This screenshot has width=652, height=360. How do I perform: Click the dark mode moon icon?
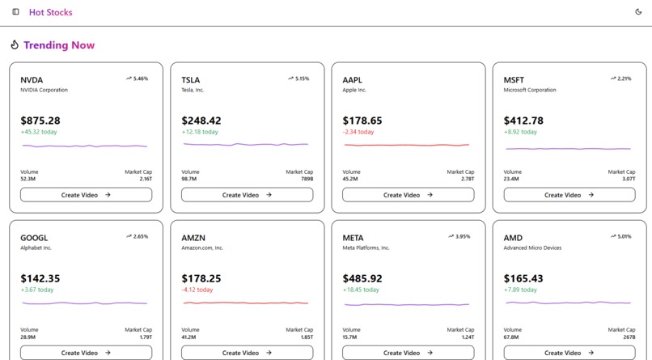click(x=638, y=12)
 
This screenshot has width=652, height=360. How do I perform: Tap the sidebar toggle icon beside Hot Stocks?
click(x=15, y=12)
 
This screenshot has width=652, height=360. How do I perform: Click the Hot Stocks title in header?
click(x=50, y=12)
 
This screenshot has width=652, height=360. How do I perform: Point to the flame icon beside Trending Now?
click(x=15, y=45)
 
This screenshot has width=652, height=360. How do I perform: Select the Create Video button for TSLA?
click(x=247, y=195)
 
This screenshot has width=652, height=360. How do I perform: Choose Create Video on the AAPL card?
click(x=408, y=195)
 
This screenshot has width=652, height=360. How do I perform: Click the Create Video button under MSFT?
click(x=569, y=195)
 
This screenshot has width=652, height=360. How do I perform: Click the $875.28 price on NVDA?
click(x=40, y=121)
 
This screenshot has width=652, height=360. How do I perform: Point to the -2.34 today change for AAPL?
click(x=358, y=132)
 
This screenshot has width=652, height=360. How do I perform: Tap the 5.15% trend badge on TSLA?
click(x=298, y=78)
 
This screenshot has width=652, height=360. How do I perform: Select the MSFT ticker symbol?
click(x=514, y=80)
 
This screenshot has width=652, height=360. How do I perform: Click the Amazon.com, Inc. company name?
click(x=202, y=248)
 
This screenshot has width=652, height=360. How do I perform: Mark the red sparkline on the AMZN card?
click(x=246, y=303)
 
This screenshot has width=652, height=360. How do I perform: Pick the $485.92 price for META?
click(x=362, y=278)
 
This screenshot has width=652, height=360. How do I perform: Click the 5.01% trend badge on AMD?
click(x=620, y=236)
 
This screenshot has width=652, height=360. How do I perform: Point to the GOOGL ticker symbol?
click(x=34, y=238)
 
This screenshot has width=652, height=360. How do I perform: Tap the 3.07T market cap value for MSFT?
click(x=628, y=179)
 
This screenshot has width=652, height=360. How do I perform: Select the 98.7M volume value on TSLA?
click(x=189, y=179)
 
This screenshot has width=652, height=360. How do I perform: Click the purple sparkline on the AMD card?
click(x=568, y=303)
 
